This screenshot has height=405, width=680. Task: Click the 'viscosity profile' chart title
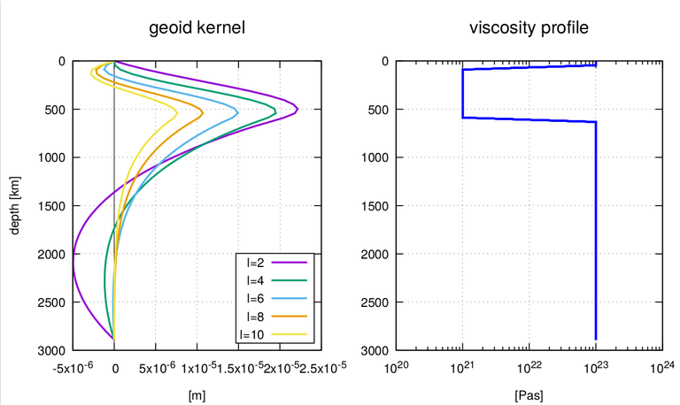[x=529, y=28]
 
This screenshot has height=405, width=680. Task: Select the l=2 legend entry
[x=274, y=263]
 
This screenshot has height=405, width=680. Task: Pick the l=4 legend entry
[x=274, y=280]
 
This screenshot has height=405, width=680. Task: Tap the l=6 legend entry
[x=274, y=298]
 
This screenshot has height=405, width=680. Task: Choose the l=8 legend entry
[x=274, y=317]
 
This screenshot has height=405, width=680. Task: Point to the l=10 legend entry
[x=274, y=334]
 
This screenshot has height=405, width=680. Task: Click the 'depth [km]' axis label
[x=15, y=206]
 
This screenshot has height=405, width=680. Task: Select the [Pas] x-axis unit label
[x=529, y=395]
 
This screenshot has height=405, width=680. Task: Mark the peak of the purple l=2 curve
[x=297, y=109]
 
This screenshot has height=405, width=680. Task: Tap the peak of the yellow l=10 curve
[x=177, y=113]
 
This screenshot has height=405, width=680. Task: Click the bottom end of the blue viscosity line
[x=596, y=340]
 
